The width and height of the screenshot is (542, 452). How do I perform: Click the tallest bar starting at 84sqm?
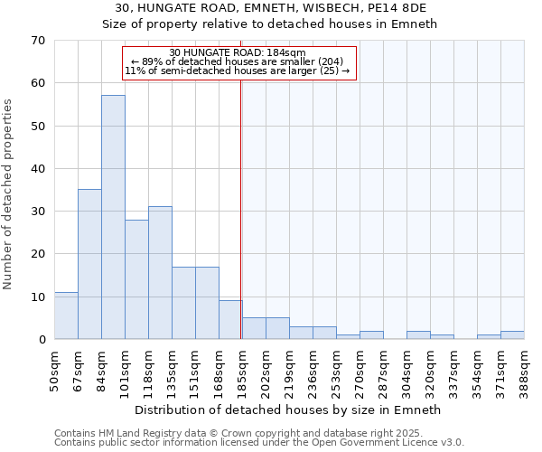(113, 217)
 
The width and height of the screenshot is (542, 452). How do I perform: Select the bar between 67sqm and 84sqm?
(89, 264)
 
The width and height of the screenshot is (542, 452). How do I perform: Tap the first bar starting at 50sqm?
(66, 315)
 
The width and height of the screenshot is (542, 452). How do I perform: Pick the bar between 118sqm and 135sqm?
(160, 273)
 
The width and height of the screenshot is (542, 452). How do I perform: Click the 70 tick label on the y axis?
(38, 41)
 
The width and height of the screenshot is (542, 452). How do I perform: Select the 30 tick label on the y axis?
(38, 212)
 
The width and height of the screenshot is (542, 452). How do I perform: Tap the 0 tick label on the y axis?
(42, 340)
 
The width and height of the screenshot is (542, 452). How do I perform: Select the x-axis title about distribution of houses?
(287, 410)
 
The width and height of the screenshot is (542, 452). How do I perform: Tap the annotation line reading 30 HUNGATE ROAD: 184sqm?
(238, 52)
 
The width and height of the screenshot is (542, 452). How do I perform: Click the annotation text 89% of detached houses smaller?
(238, 61)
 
